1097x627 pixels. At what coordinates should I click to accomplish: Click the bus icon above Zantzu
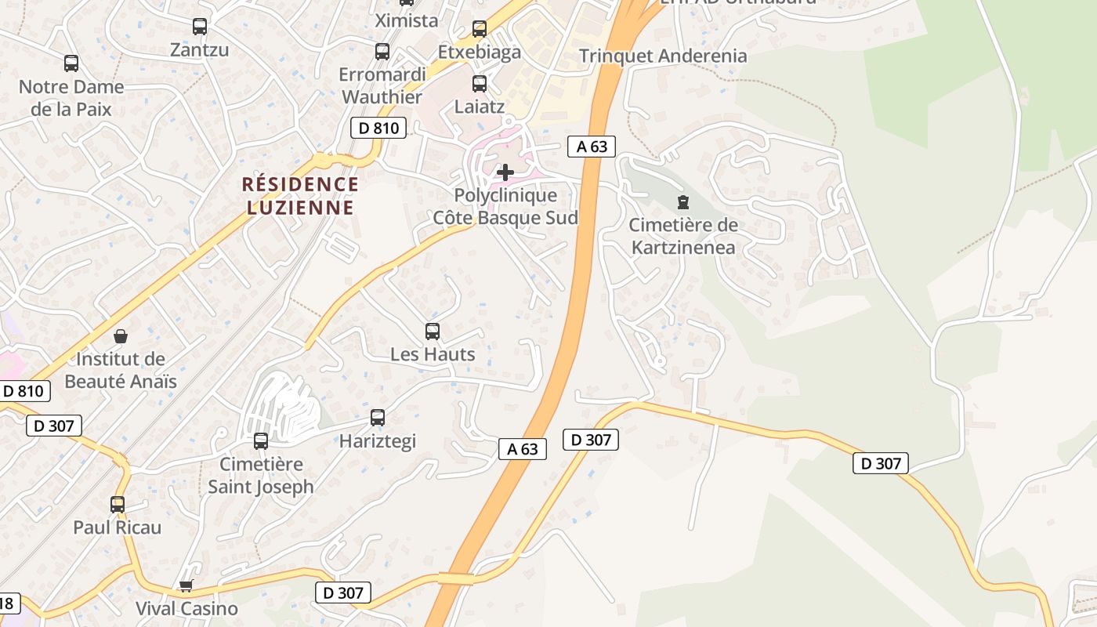pyautogui.click(x=200, y=27)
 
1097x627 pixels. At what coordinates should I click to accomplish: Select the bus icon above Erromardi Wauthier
pyautogui.click(x=382, y=52)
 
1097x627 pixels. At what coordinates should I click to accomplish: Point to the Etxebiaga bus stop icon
pyautogui.click(x=480, y=30)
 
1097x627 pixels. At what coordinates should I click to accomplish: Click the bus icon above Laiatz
pyautogui.click(x=480, y=84)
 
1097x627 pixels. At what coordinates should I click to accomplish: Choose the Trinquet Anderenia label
pyautogui.click(x=663, y=56)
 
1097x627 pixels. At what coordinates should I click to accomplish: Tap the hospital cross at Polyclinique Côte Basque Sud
pyautogui.click(x=505, y=172)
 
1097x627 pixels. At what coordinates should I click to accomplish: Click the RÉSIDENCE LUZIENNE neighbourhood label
pyautogui.click(x=301, y=196)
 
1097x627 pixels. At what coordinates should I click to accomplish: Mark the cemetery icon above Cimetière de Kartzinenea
pyautogui.click(x=683, y=202)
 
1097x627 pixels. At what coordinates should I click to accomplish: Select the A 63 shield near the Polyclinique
pyautogui.click(x=592, y=147)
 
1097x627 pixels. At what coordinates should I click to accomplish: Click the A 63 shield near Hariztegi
pyautogui.click(x=523, y=448)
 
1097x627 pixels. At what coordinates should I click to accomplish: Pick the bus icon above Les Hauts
pyautogui.click(x=433, y=332)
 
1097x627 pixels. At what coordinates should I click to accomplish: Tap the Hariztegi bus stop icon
pyautogui.click(x=378, y=418)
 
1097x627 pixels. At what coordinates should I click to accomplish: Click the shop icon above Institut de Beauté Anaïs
pyautogui.click(x=121, y=337)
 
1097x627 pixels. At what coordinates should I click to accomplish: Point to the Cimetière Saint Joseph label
pyautogui.click(x=261, y=475)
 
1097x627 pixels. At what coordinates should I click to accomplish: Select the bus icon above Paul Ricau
pyautogui.click(x=118, y=505)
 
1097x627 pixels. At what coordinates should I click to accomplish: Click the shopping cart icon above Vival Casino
pyautogui.click(x=186, y=585)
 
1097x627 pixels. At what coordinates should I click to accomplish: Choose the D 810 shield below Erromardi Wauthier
pyautogui.click(x=378, y=128)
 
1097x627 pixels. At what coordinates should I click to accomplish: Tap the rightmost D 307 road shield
pyautogui.click(x=881, y=463)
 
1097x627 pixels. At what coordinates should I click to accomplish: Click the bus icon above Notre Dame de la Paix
pyautogui.click(x=71, y=63)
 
